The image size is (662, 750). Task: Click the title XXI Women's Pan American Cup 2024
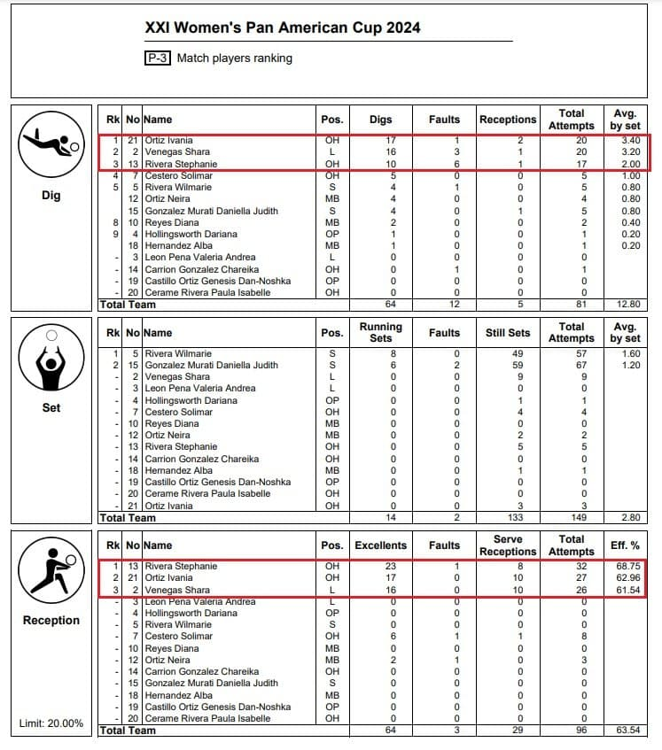(x=283, y=27)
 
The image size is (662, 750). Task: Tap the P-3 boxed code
(x=158, y=58)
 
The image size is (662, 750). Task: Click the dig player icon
(x=51, y=146)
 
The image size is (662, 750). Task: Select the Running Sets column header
(x=381, y=332)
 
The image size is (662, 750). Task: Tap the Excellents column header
(x=380, y=545)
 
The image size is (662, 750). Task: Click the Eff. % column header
(x=626, y=545)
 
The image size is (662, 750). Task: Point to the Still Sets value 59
(x=508, y=365)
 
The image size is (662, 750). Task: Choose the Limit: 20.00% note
(x=51, y=723)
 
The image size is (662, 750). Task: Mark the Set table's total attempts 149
(x=571, y=518)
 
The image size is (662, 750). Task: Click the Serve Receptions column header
(x=508, y=545)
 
